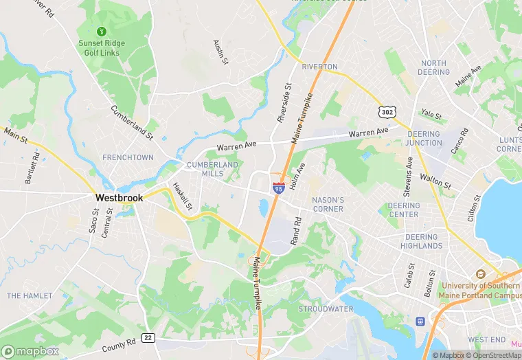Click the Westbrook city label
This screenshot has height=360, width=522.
point(119,197)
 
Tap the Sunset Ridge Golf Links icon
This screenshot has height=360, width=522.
point(102,31)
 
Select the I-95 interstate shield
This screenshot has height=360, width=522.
point(278,187)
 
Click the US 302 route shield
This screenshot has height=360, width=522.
point(387,111)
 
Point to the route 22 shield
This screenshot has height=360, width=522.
point(147,337)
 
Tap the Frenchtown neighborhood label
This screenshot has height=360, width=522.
point(128,157)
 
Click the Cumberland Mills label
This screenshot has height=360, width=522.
point(212,169)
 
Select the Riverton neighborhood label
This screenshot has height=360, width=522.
point(319,67)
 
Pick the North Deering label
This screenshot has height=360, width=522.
point(433,67)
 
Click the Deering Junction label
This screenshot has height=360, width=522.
point(424,138)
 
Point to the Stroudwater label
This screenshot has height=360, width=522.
point(326,309)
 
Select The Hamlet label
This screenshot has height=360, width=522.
point(30,295)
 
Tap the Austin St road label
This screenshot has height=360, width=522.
point(220,52)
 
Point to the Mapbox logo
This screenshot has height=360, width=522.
point(30,350)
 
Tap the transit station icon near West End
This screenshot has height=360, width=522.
point(420,321)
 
